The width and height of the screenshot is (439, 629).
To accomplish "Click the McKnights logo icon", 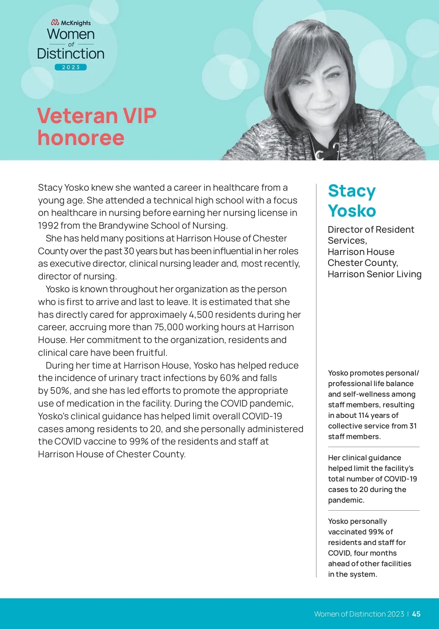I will [x=55, y=23].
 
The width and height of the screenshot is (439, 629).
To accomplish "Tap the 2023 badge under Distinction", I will [x=71, y=67].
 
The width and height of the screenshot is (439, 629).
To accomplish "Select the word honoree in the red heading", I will [x=81, y=138].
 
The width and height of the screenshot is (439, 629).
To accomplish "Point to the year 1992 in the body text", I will [x=48, y=226].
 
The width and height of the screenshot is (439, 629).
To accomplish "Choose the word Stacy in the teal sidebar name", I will [x=352, y=191].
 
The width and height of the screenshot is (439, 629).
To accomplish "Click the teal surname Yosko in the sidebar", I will [x=352, y=211].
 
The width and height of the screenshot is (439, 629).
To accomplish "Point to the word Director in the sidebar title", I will [x=344, y=230].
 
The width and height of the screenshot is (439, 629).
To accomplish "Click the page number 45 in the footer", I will [x=416, y=614].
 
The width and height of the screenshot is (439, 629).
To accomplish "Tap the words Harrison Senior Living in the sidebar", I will [x=374, y=274].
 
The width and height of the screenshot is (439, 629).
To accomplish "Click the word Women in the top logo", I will [x=71, y=34].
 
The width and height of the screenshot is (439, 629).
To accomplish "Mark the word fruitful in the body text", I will [x=151, y=353].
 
